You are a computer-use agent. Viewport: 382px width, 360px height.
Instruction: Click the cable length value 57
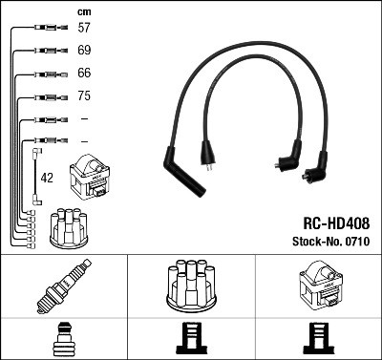point(84,29)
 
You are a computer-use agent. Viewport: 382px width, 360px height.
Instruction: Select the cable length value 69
point(84,51)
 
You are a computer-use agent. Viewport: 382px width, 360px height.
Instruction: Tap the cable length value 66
point(84,74)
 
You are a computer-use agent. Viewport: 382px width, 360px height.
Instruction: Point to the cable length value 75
point(84,96)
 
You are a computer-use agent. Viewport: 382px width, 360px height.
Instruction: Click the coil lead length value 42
point(46,178)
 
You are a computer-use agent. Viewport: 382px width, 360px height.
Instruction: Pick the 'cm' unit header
point(83,11)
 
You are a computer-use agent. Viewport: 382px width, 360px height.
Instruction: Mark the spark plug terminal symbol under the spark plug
point(63,337)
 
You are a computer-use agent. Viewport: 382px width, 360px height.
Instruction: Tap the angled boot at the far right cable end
point(316,172)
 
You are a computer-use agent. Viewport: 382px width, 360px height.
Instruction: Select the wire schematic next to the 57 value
point(47,30)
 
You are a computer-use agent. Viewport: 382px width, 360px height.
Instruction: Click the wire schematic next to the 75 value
point(47,96)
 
